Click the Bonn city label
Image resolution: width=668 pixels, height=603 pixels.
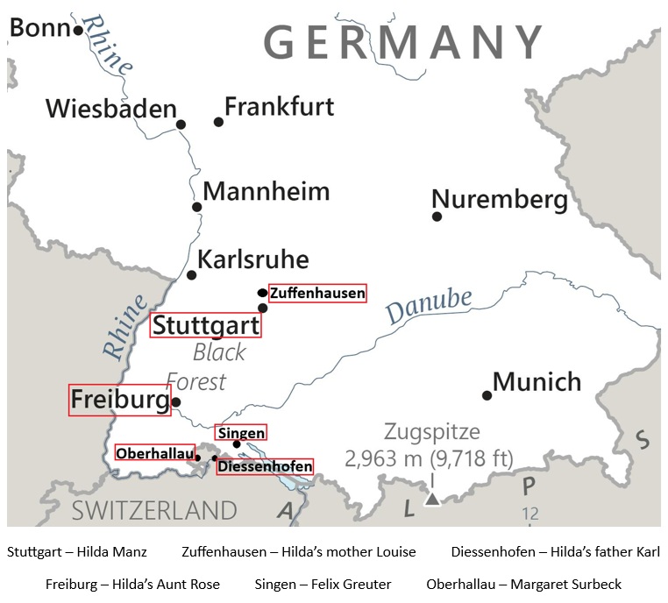click(39, 28)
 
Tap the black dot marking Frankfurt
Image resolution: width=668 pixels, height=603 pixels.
click(219, 122)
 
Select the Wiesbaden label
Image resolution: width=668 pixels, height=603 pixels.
click(111, 109)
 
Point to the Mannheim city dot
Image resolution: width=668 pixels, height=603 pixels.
click(197, 208)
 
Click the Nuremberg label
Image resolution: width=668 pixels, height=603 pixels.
click(500, 200)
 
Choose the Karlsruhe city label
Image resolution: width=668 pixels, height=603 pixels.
click(253, 259)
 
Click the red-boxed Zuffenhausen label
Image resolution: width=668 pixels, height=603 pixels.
click(317, 293)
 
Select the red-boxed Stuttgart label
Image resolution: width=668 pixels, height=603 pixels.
click(206, 325)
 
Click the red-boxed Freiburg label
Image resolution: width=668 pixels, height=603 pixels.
click(119, 400)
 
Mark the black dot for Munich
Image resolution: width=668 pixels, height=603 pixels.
click(487, 395)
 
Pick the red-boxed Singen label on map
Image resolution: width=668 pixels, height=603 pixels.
click(241, 432)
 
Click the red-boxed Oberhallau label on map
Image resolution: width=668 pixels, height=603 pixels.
click(155, 452)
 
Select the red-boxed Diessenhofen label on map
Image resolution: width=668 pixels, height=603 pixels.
click(265, 466)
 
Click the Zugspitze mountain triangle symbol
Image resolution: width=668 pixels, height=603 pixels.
click(431, 499)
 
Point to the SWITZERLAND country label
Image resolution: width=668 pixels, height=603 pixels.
click(154, 510)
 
